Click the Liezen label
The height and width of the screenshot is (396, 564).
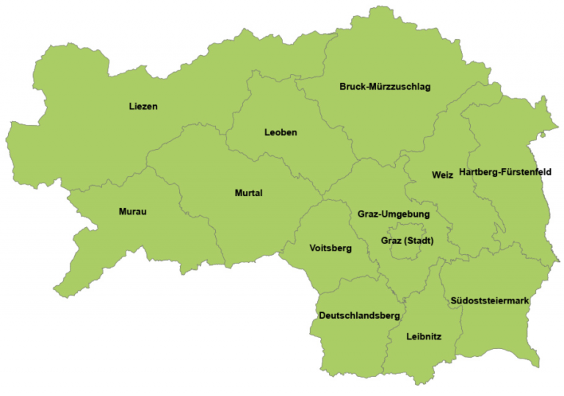[x=143, y=107]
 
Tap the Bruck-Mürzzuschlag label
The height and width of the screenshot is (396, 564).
[x=385, y=87]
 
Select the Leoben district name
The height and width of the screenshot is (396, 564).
[x=281, y=132]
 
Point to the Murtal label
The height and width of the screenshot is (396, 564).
[x=248, y=193]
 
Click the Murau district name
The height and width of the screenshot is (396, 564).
[x=133, y=212]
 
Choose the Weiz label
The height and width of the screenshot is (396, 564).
[x=442, y=175]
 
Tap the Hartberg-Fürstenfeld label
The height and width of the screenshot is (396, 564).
[x=505, y=172]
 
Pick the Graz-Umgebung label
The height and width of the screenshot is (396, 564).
[x=394, y=214]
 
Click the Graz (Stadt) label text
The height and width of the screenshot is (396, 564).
[x=408, y=240]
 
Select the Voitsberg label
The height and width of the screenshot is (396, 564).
[x=330, y=248]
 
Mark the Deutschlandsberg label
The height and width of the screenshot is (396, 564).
[x=359, y=315]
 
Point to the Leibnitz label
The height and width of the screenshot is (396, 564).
[x=424, y=336]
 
